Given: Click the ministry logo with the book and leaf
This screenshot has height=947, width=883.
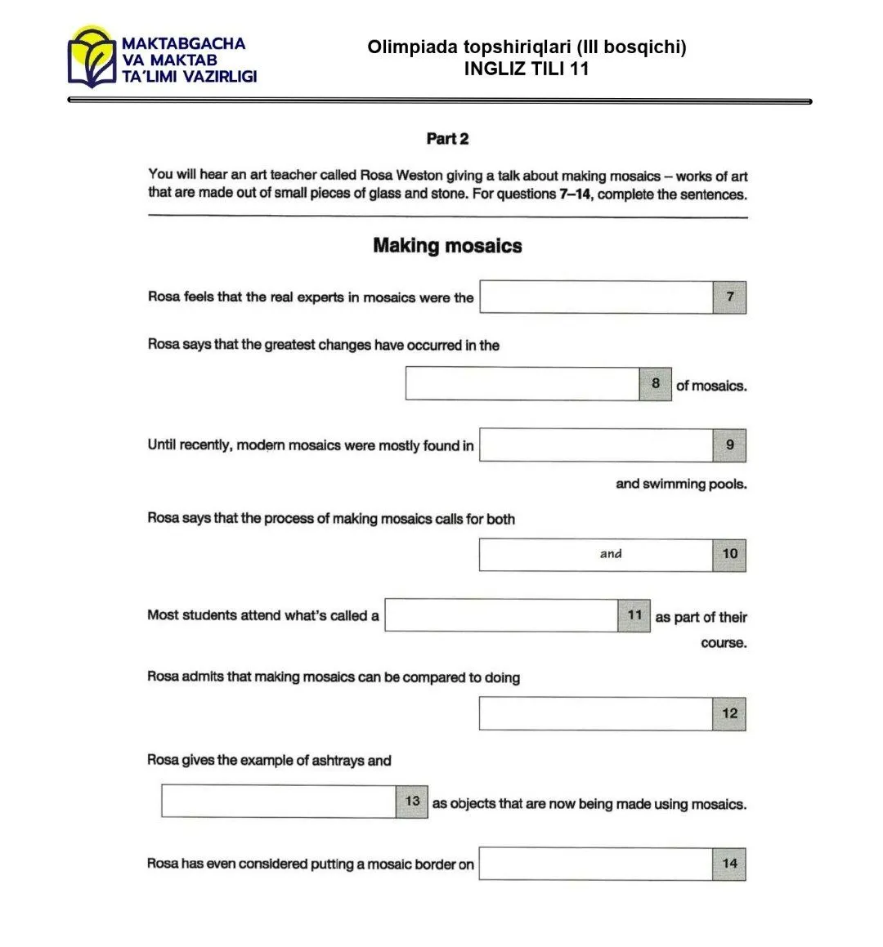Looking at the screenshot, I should coord(92,56).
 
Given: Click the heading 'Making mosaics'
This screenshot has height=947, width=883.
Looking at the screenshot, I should coord(447,246).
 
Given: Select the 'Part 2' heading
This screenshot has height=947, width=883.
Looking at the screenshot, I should coord(447,139).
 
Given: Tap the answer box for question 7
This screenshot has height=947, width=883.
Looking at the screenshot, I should coord(596,297).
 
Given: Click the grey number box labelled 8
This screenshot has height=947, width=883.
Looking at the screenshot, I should coord(656,383).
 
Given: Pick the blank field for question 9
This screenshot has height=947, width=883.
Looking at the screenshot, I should coord(596,445).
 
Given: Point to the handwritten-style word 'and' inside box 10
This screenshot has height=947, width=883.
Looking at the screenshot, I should coord(611,554).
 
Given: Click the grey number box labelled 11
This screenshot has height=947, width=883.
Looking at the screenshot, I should coord(634,615).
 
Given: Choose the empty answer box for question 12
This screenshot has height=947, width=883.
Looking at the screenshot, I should coord(596,713).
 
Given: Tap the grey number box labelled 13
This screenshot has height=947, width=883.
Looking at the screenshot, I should coord(412,802).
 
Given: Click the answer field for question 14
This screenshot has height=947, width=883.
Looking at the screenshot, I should coord(596,864).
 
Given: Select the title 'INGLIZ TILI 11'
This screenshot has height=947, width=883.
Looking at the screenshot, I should coord(527,69).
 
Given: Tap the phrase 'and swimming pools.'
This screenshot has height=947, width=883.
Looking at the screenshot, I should coord(681,484).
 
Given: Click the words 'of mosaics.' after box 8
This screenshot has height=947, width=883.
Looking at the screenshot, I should coord(711,386).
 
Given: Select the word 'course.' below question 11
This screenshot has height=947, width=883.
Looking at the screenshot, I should coord(724,643).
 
